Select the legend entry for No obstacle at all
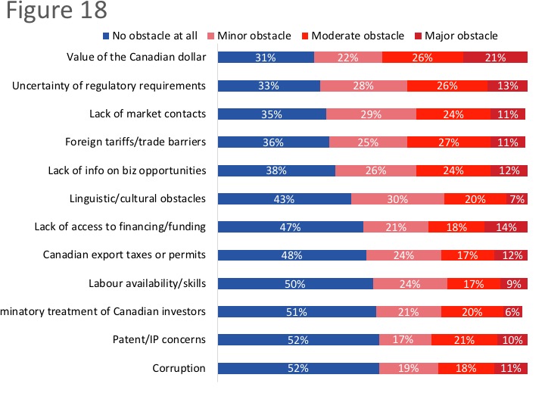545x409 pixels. [150, 36]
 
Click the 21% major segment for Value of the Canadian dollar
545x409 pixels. [495, 58]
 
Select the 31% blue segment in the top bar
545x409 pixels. [266, 58]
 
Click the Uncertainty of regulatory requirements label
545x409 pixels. [109, 86]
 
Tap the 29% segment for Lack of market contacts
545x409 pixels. [371, 114]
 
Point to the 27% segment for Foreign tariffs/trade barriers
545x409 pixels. [449, 142]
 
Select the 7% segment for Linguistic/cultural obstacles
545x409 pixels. [517, 199]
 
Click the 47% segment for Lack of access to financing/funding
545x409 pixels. [291, 227]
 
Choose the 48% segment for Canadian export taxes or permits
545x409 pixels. [292, 255]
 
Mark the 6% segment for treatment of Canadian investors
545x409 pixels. [512, 312]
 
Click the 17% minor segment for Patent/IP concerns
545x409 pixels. [405, 340]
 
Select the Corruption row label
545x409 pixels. [179, 368]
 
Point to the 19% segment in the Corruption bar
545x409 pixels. [408, 369]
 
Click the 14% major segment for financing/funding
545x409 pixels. [506, 227]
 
